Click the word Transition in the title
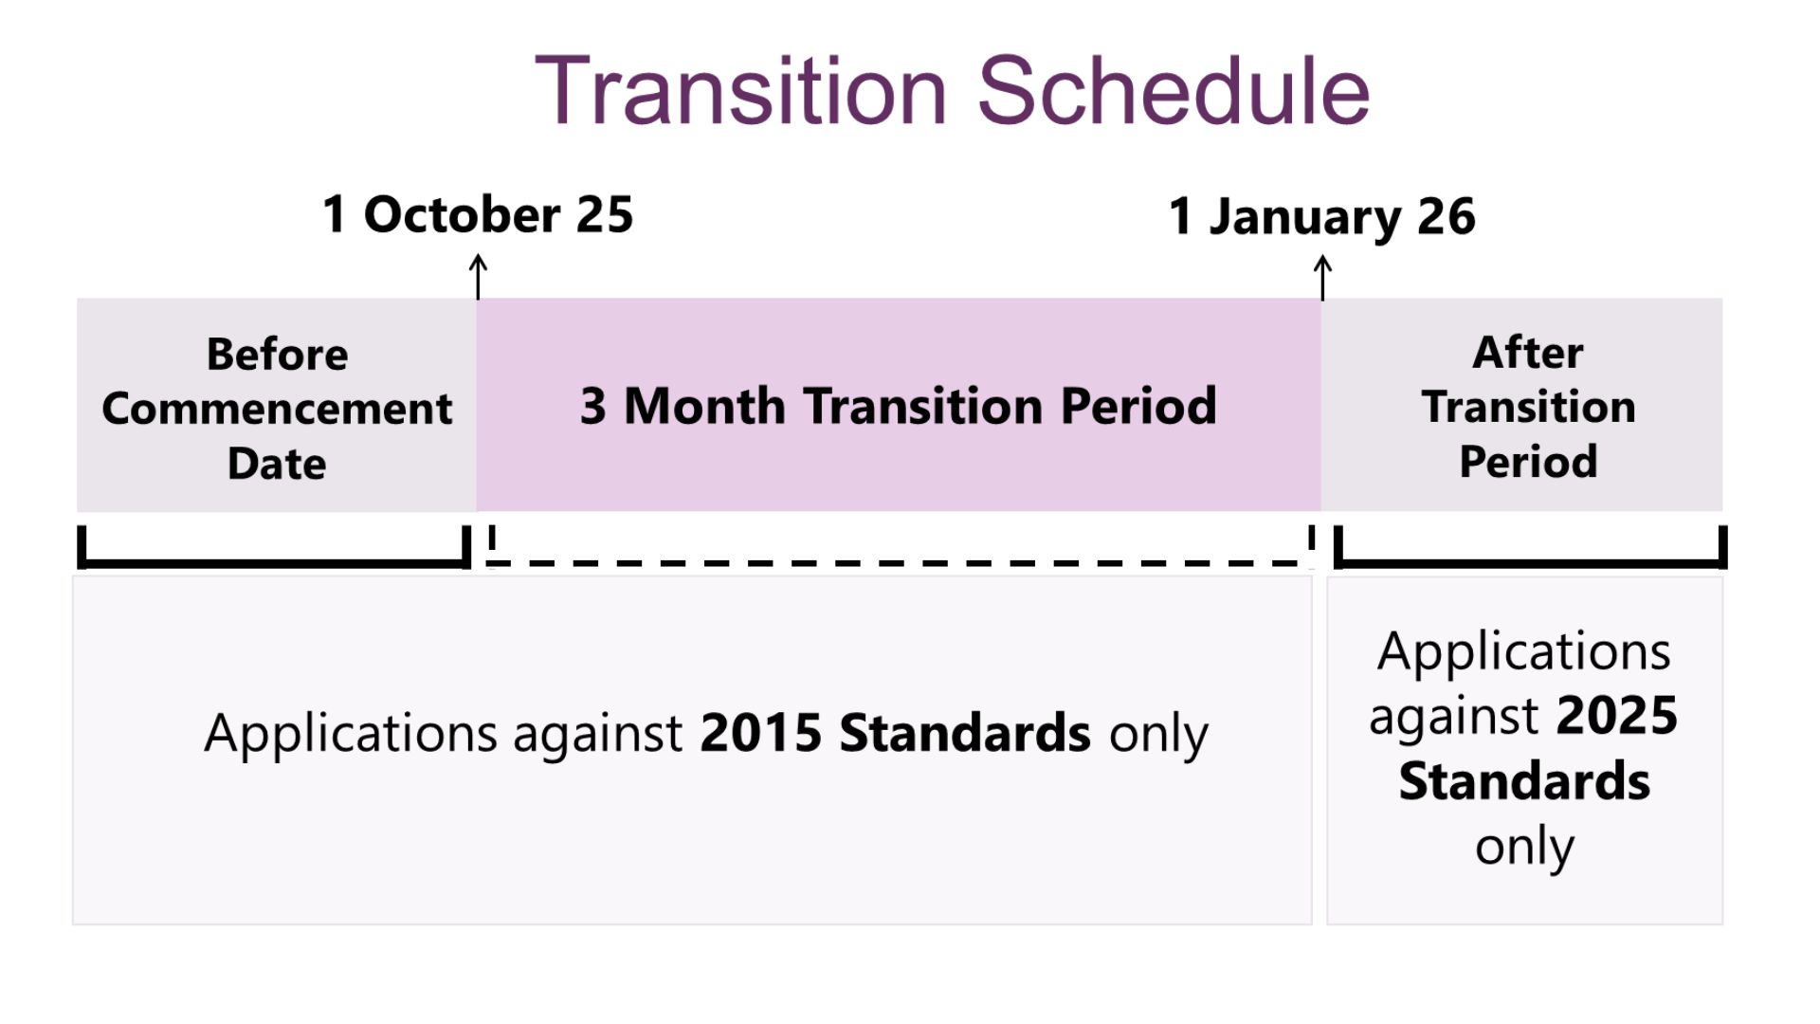coord(741,91)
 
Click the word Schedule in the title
coord(1174,91)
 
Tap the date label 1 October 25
coord(478,214)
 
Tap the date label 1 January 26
coord(1322,217)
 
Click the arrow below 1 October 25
coord(479,276)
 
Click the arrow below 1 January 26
coord(1322,277)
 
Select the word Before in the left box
coord(278,355)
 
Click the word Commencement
coord(277,409)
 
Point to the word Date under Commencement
coord(277,464)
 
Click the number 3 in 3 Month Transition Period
coord(593,406)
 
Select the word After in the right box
coord(1528,353)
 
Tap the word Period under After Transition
coord(1528,462)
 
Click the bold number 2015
coord(761,733)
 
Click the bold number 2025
coord(1617,716)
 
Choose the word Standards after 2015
coord(965,733)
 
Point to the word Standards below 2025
coord(1524,781)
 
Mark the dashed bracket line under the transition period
coord(901,563)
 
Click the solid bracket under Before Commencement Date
coord(274,563)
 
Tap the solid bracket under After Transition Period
coord(1530,563)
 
